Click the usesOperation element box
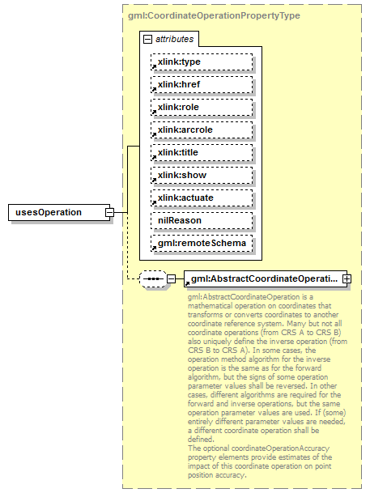click(x=55, y=212)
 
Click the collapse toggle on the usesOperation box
click(x=110, y=212)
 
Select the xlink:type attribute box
click(x=201, y=62)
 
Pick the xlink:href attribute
click(x=201, y=84)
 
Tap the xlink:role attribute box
click(x=201, y=107)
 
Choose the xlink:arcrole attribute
click(x=201, y=130)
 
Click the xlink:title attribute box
click(x=201, y=152)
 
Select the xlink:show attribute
click(x=201, y=175)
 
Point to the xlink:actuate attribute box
click(x=201, y=198)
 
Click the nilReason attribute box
click(x=201, y=220)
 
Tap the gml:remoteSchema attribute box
click(x=201, y=243)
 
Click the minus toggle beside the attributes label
click(x=147, y=39)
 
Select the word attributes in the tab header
click(x=173, y=39)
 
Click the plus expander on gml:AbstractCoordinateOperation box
click(x=347, y=279)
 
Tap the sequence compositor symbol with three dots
click(x=152, y=279)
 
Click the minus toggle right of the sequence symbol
click(x=171, y=279)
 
